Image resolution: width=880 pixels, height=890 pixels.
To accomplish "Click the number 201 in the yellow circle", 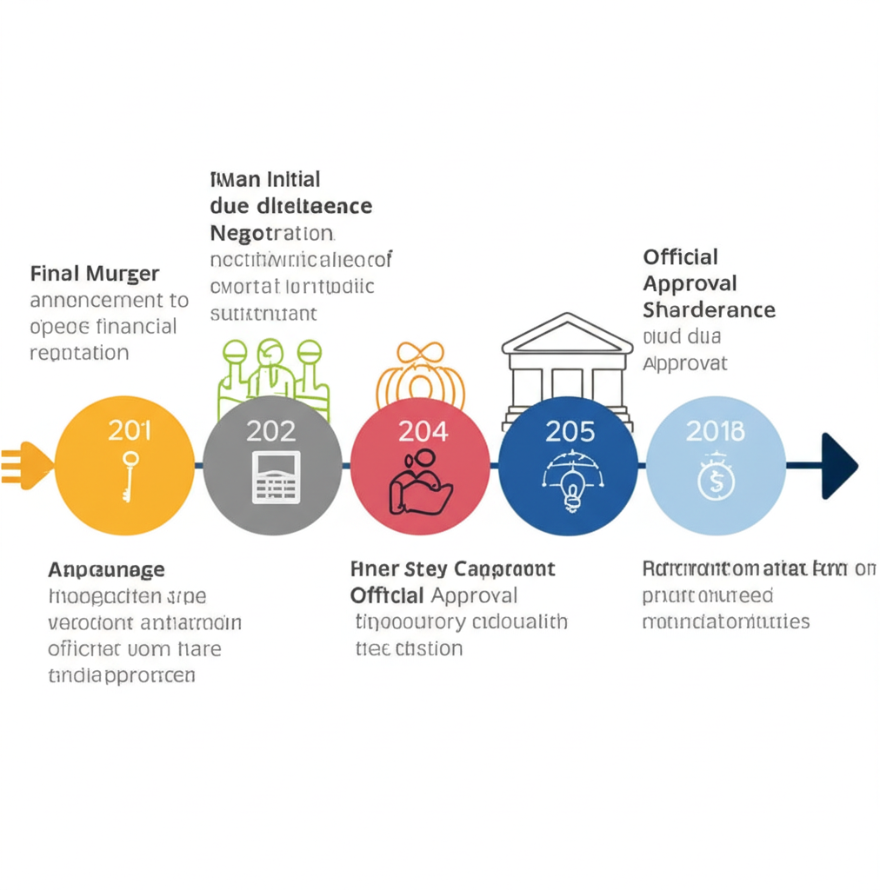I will coord(129,429).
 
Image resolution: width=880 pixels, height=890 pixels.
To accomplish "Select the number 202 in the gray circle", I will coord(270,430).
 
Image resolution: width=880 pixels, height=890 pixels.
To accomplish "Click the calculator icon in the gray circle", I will coord(276,477).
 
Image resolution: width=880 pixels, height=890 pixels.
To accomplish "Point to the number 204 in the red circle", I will coord(422,430).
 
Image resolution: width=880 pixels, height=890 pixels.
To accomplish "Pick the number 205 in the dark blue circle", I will coord(570,430).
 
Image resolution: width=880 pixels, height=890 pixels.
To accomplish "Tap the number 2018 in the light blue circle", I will coord(715,430).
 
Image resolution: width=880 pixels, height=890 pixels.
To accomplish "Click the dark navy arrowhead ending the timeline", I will coord(838,466).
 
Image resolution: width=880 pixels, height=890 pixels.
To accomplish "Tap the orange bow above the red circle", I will coord(421,357).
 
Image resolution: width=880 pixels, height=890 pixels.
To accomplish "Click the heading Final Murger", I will coord(95,274).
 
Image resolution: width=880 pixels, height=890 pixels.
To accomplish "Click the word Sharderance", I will coord(709,309).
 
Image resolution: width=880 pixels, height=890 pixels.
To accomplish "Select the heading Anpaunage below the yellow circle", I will coord(106,570).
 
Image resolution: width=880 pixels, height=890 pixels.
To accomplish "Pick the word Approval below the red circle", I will coord(474,595).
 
